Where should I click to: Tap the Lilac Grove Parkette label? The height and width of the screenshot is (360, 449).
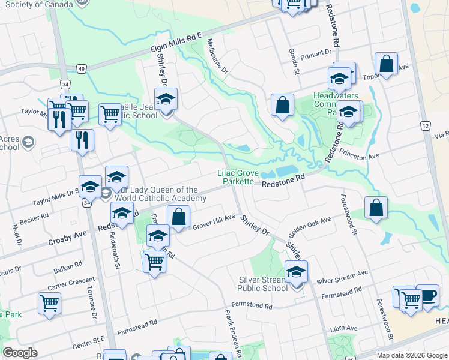238,177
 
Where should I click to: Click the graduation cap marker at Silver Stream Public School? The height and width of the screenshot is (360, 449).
296,272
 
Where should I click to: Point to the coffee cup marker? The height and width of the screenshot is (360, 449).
427,296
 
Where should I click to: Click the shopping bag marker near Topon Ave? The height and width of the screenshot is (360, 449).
386,65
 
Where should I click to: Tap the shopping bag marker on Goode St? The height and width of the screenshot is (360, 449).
282,106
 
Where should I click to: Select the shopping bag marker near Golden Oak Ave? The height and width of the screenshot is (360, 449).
375,209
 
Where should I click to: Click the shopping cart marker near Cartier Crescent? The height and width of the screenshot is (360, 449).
49,304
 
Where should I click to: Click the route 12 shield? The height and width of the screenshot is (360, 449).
425,125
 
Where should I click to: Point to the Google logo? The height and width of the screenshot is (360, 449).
20,352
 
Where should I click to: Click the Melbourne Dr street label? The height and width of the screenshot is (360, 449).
217,56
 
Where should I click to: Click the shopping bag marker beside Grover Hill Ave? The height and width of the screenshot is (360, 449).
179,217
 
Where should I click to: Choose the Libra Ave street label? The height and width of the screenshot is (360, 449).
343,329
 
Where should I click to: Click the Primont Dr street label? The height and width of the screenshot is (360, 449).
316,54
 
